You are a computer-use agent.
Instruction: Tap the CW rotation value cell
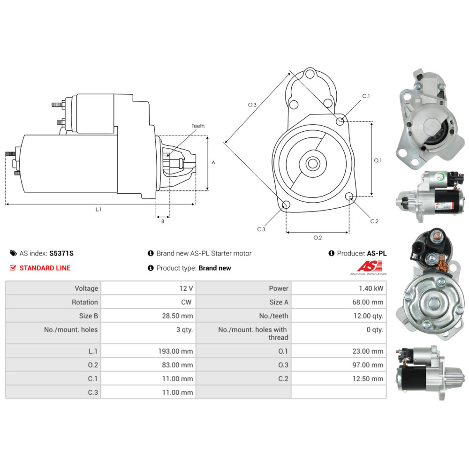click(x=186, y=302)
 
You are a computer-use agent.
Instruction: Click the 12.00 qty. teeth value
click(x=368, y=316)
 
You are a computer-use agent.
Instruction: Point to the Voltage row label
click(x=86, y=288)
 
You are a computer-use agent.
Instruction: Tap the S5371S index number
click(x=61, y=253)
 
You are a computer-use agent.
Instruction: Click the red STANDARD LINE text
click(x=45, y=268)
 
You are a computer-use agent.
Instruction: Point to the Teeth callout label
click(x=198, y=126)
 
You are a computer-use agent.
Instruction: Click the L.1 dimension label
click(x=98, y=210)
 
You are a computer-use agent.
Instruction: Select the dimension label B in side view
click(x=163, y=221)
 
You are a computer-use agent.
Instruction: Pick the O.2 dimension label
click(x=318, y=237)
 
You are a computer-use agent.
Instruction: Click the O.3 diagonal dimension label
click(x=252, y=105)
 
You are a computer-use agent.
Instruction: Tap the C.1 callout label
click(x=366, y=96)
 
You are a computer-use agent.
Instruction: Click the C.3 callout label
click(x=261, y=229)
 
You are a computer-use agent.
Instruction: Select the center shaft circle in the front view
click(x=312, y=164)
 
